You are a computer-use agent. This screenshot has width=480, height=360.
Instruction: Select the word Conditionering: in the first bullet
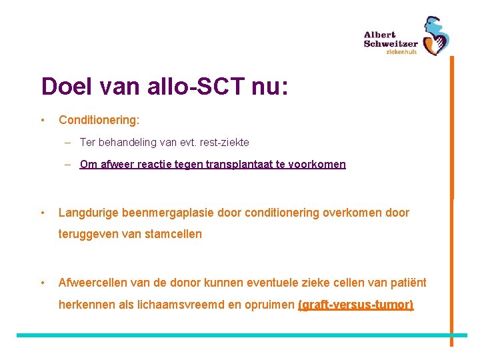(99, 121)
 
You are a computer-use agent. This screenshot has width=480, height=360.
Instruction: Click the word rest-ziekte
(222, 142)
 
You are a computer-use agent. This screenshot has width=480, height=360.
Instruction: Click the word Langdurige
(91, 213)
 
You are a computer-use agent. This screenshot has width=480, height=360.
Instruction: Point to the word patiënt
(407, 283)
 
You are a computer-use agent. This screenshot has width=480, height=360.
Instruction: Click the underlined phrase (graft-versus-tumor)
(355, 305)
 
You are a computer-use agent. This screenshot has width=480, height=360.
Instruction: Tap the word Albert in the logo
(379, 35)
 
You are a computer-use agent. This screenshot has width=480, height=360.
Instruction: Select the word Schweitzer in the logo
(391, 44)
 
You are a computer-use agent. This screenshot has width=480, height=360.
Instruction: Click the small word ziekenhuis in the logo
(401, 53)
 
